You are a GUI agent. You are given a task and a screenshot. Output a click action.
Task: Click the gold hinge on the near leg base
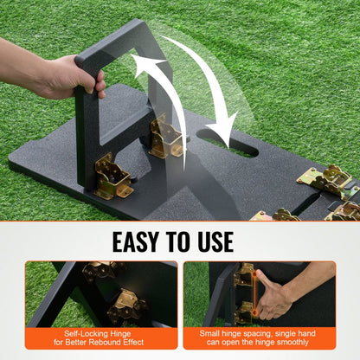(113, 177)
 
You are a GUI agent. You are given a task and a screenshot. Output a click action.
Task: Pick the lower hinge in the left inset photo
(125, 305)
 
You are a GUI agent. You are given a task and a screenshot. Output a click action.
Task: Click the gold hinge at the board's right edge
(325, 179)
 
